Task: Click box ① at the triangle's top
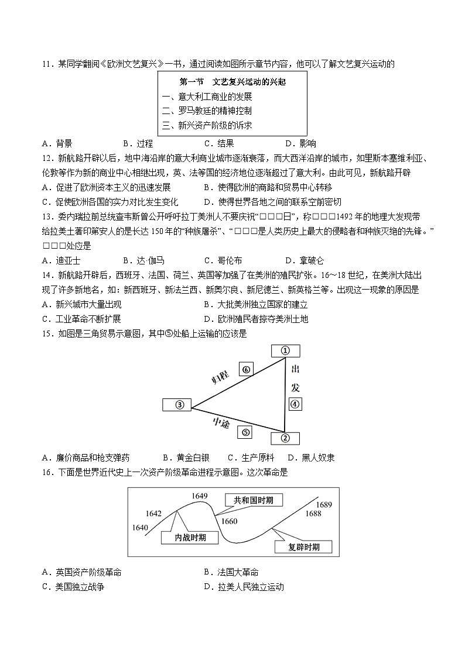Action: [x=286, y=350]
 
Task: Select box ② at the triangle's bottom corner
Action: [x=286, y=438]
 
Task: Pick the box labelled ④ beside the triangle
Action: [x=295, y=404]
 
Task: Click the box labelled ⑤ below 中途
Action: [x=245, y=432]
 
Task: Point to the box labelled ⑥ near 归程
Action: [x=246, y=369]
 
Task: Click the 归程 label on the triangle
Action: [x=221, y=376]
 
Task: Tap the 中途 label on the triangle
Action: [x=221, y=422]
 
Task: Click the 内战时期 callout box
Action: [x=182, y=536]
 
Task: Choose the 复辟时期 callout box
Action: [x=303, y=547]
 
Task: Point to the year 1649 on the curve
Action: [x=200, y=496]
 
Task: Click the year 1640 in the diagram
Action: [x=140, y=527]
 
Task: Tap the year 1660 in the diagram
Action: [x=229, y=521]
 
